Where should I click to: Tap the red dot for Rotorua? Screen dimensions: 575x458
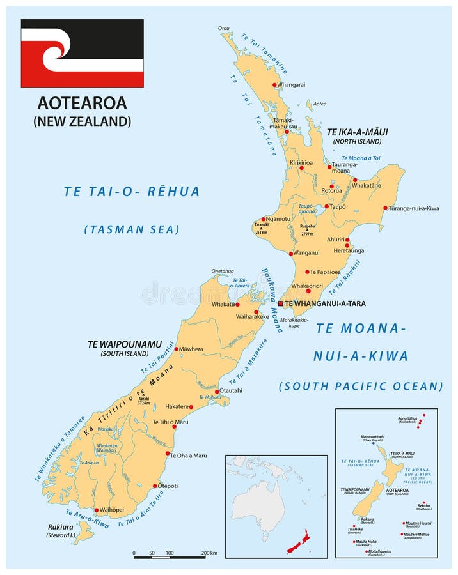tap(331, 187)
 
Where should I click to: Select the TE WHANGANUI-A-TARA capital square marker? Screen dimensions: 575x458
tap(280, 303)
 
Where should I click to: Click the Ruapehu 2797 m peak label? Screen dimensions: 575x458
tap(307, 229)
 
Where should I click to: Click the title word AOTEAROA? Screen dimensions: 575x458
tap(82, 103)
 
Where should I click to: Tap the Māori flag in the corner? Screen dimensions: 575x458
tap(82, 53)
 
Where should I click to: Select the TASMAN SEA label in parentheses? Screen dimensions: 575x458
tap(132, 229)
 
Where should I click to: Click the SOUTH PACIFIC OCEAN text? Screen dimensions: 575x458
tap(361, 386)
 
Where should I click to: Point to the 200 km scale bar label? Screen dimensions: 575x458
tap(209, 553)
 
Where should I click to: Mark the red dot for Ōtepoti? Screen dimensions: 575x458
tap(155, 486)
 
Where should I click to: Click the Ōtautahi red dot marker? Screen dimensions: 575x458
tap(217, 392)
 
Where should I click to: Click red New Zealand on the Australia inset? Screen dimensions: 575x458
tap(298, 542)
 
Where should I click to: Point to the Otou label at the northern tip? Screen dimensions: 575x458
tap(223, 28)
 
